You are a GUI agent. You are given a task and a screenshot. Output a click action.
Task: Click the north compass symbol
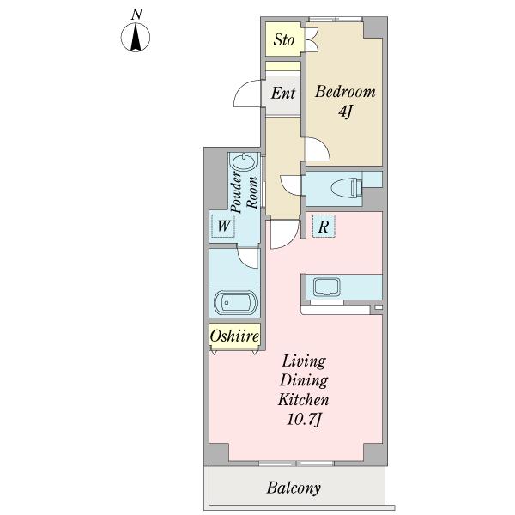pos(136,37)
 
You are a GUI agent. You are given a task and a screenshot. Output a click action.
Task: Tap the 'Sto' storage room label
pos(284,40)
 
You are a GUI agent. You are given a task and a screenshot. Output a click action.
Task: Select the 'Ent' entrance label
pos(283,93)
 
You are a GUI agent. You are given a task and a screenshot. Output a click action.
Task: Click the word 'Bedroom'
pos(345,91)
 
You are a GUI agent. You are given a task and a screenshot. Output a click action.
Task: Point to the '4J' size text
pos(345,112)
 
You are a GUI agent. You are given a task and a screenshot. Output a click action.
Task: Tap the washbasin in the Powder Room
pos(244,162)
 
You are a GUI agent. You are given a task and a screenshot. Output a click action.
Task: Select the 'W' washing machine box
pos(223,226)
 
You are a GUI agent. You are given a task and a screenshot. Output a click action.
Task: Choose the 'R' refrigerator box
pos(324,227)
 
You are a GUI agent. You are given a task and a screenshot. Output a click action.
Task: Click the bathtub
pos(234,303)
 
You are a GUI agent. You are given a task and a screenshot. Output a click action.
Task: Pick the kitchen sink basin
pos(327,287)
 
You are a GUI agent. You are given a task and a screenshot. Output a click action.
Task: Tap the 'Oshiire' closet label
pos(234,336)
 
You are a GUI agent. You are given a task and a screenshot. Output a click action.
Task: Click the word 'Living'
pos(304,361)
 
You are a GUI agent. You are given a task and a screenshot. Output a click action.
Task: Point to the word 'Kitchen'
pos(304,400)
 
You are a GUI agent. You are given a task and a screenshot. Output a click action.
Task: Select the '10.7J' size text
pos(304,420)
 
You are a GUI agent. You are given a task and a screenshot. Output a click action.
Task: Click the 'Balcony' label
pos(294,488)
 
